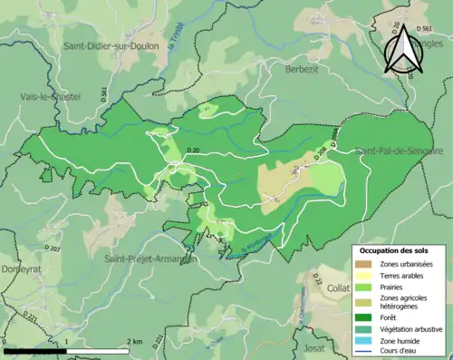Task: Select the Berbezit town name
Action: coord(303,68)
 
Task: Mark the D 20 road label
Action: coord(192,150)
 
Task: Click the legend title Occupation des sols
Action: coord(395,250)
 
